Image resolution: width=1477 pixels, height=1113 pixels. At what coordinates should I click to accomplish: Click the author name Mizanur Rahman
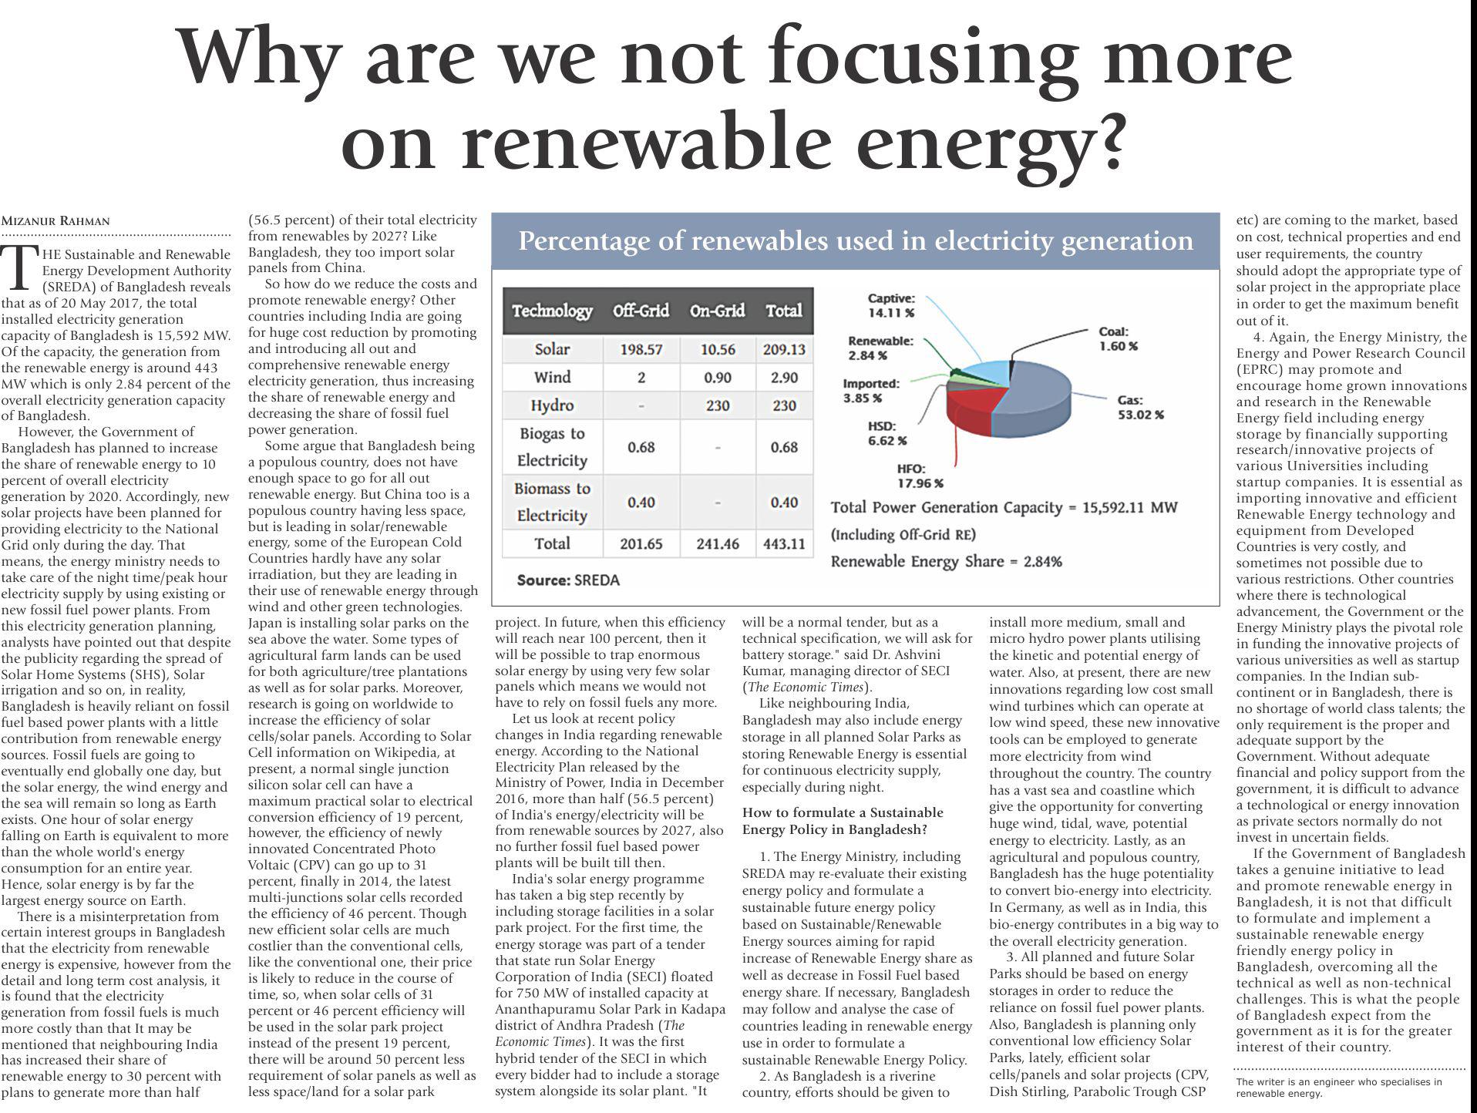56,221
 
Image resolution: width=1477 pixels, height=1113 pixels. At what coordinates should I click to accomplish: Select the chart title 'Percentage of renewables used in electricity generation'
855,241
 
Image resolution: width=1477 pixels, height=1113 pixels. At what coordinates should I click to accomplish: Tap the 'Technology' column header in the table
552,311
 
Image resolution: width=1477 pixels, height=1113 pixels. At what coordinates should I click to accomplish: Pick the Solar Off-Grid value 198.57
641,349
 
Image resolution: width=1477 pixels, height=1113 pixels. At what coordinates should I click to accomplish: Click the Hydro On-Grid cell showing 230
717,405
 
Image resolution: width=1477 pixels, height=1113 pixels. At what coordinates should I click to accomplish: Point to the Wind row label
552,378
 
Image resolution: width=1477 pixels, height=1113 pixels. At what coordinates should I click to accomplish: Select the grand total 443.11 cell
784,543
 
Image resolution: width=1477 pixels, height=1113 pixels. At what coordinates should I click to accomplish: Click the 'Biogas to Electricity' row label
552,447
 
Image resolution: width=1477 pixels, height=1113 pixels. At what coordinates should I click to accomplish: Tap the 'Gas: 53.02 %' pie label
1140,407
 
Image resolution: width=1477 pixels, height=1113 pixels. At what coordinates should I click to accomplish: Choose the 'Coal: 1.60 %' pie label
1117,338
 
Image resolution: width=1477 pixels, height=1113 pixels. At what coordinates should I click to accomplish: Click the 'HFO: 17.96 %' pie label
919,476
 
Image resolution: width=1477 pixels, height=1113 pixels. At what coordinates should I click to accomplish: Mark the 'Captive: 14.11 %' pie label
890,305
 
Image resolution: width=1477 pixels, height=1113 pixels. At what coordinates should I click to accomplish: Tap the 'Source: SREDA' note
568,580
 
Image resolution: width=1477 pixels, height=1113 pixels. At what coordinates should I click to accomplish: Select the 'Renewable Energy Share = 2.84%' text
946,561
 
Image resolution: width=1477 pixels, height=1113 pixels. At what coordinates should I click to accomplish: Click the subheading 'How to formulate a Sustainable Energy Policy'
842,821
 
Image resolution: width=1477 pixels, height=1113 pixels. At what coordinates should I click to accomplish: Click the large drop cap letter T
21,267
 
